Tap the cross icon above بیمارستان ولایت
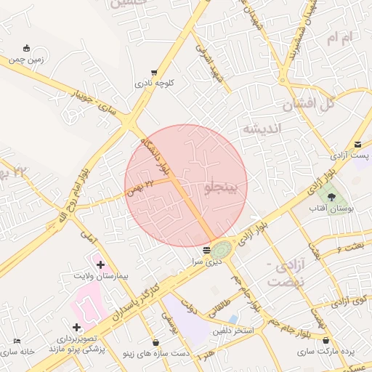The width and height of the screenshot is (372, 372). pyautogui.click(x=100, y=265)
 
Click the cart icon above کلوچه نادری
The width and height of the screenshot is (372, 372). pyautogui.click(x=155, y=72)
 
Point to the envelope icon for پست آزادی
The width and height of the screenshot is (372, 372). pyautogui.click(x=357, y=145)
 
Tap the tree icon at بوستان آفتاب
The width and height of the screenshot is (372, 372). pyautogui.click(x=332, y=196)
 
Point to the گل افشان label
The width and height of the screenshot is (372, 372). pyautogui.click(x=307, y=104)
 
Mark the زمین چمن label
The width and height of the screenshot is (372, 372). pyautogui.click(x=28, y=60)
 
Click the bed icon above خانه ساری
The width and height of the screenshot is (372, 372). pyautogui.click(x=17, y=341)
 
